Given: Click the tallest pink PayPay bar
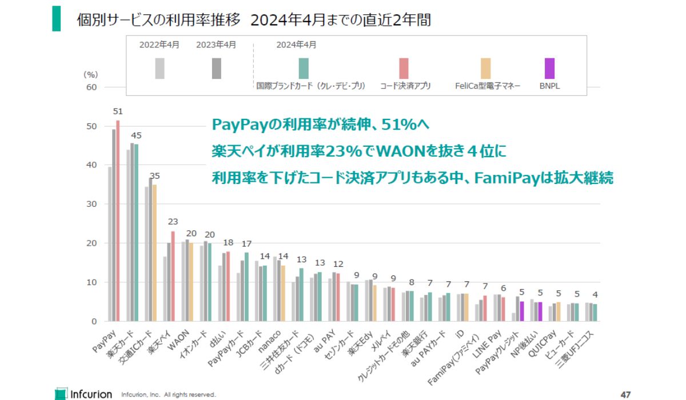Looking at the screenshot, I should click(x=118, y=223).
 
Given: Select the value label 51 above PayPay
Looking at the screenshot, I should click(x=118, y=111).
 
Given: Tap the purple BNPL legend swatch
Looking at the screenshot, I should click(x=549, y=68).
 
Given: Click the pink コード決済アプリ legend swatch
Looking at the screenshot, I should click(x=404, y=68).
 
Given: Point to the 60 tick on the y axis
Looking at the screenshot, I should click(x=91, y=87).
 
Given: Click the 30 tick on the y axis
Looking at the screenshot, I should click(x=91, y=204).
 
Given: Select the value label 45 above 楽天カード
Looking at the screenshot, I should click(x=136, y=135).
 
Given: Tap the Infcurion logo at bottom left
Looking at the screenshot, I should click(x=79, y=394).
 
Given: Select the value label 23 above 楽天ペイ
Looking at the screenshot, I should click(x=173, y=222).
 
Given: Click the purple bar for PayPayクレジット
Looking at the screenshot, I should click(x=521, y=311).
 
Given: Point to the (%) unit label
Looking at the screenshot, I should click(x=91, y=74).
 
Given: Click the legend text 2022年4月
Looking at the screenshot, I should click(x=159, y=45).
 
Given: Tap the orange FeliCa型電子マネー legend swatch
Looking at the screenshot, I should click(x=485, y=68).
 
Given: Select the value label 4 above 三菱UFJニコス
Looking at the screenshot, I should click(x=595, y=294).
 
